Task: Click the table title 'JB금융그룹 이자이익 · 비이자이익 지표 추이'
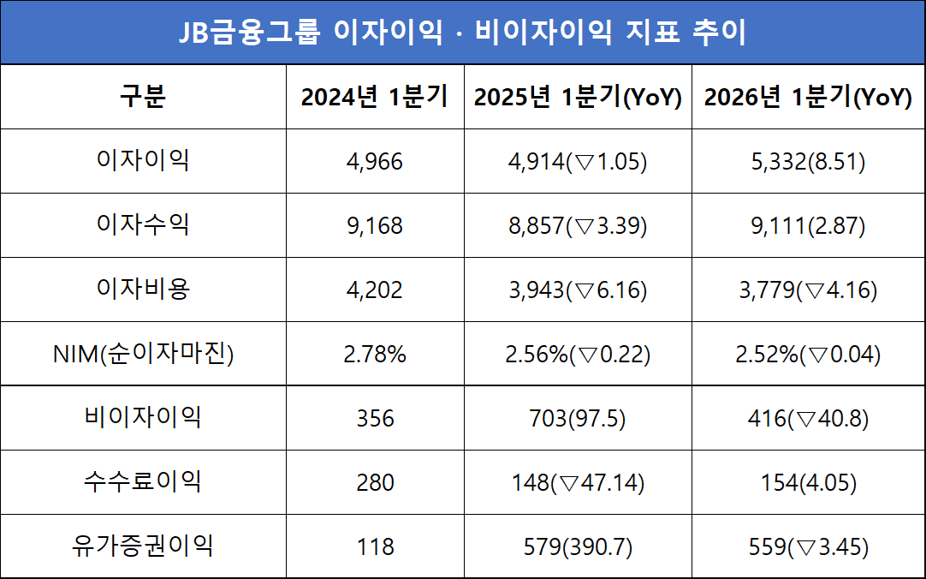tap(462, 33)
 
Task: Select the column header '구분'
tap(143, 97)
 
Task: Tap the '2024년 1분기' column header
tap(375, 97)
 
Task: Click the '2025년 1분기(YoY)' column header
tap(578, 97)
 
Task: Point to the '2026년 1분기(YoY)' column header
tap(808, 97)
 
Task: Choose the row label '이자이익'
tap(143, 161)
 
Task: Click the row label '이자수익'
tap(143, 225)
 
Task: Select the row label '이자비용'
tap(143, 289)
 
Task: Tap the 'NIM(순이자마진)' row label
tap(143, 354)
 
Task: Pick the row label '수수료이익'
tap(143, 482)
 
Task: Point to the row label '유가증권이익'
tap(143, 546)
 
